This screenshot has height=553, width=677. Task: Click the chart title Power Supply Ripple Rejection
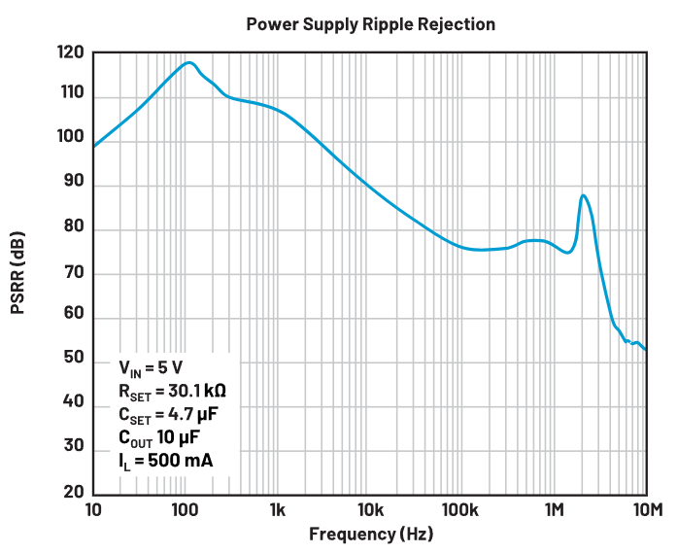(370, 23)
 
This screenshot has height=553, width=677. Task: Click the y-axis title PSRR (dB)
(18, 273)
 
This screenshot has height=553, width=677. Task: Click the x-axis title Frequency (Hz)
(370, 534)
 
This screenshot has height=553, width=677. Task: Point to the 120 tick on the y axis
(71, 52)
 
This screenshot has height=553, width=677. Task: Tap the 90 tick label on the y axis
(73, 185)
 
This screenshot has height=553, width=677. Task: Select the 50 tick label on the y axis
(73, 361)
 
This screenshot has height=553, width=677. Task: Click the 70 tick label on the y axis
(73, 273)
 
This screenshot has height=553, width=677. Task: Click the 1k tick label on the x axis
(277, 510)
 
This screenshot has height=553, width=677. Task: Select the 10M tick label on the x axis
(646, 510)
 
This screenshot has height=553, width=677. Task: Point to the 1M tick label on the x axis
(555, 510)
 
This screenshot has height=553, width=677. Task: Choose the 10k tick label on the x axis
(369, 510)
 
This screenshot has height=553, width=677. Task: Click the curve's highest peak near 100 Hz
(189, 63)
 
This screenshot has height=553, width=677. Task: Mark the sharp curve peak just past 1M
(583, 195)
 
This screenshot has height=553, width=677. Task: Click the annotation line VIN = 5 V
(153, 369)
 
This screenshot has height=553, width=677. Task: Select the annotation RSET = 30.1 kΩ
(173, 392)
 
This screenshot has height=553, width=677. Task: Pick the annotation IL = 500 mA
(163, 460)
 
